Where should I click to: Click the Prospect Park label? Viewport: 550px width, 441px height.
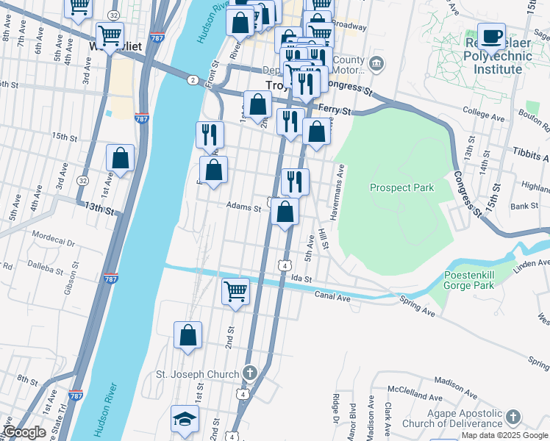point(401,187)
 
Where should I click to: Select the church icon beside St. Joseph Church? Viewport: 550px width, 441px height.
point(249,373)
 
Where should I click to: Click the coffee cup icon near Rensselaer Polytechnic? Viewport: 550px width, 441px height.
point(491,36)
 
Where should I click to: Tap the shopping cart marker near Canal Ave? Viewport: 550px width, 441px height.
point(235,290)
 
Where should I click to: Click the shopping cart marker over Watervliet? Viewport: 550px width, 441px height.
point(110,34)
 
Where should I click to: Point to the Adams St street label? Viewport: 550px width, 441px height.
point(243,208)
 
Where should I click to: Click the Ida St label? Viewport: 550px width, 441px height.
point(301,279)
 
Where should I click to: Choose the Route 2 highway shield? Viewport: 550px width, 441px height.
point(192,80)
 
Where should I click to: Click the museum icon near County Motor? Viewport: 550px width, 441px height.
point(376,62)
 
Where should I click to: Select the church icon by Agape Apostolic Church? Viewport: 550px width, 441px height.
point(512,417)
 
